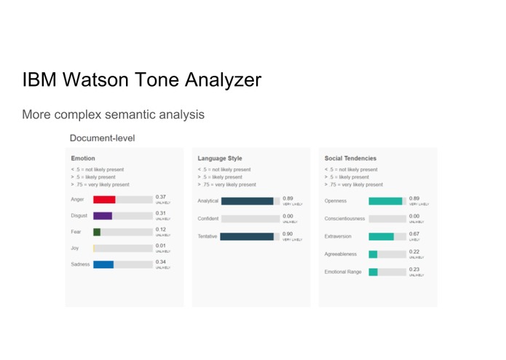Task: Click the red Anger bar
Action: [104, 199]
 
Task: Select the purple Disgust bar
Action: [103, 216]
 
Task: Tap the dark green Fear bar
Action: [97, 232]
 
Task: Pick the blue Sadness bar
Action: [103, 264]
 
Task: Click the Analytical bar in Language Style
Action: [247, 201]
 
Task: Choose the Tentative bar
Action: [247, 236]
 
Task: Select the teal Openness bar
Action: [385, 201]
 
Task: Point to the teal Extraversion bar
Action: [381, 237]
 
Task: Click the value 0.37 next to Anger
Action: [161, 197]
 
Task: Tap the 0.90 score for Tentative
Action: [288, 234]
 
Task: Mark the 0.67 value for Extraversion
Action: [414, 234]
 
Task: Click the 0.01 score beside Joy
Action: [161, 246]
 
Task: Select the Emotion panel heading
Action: [83, 158]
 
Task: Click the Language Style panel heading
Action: [220, 158]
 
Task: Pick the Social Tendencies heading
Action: [350, 158]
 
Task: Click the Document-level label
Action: [102, 138]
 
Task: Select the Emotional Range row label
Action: [344, 272]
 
